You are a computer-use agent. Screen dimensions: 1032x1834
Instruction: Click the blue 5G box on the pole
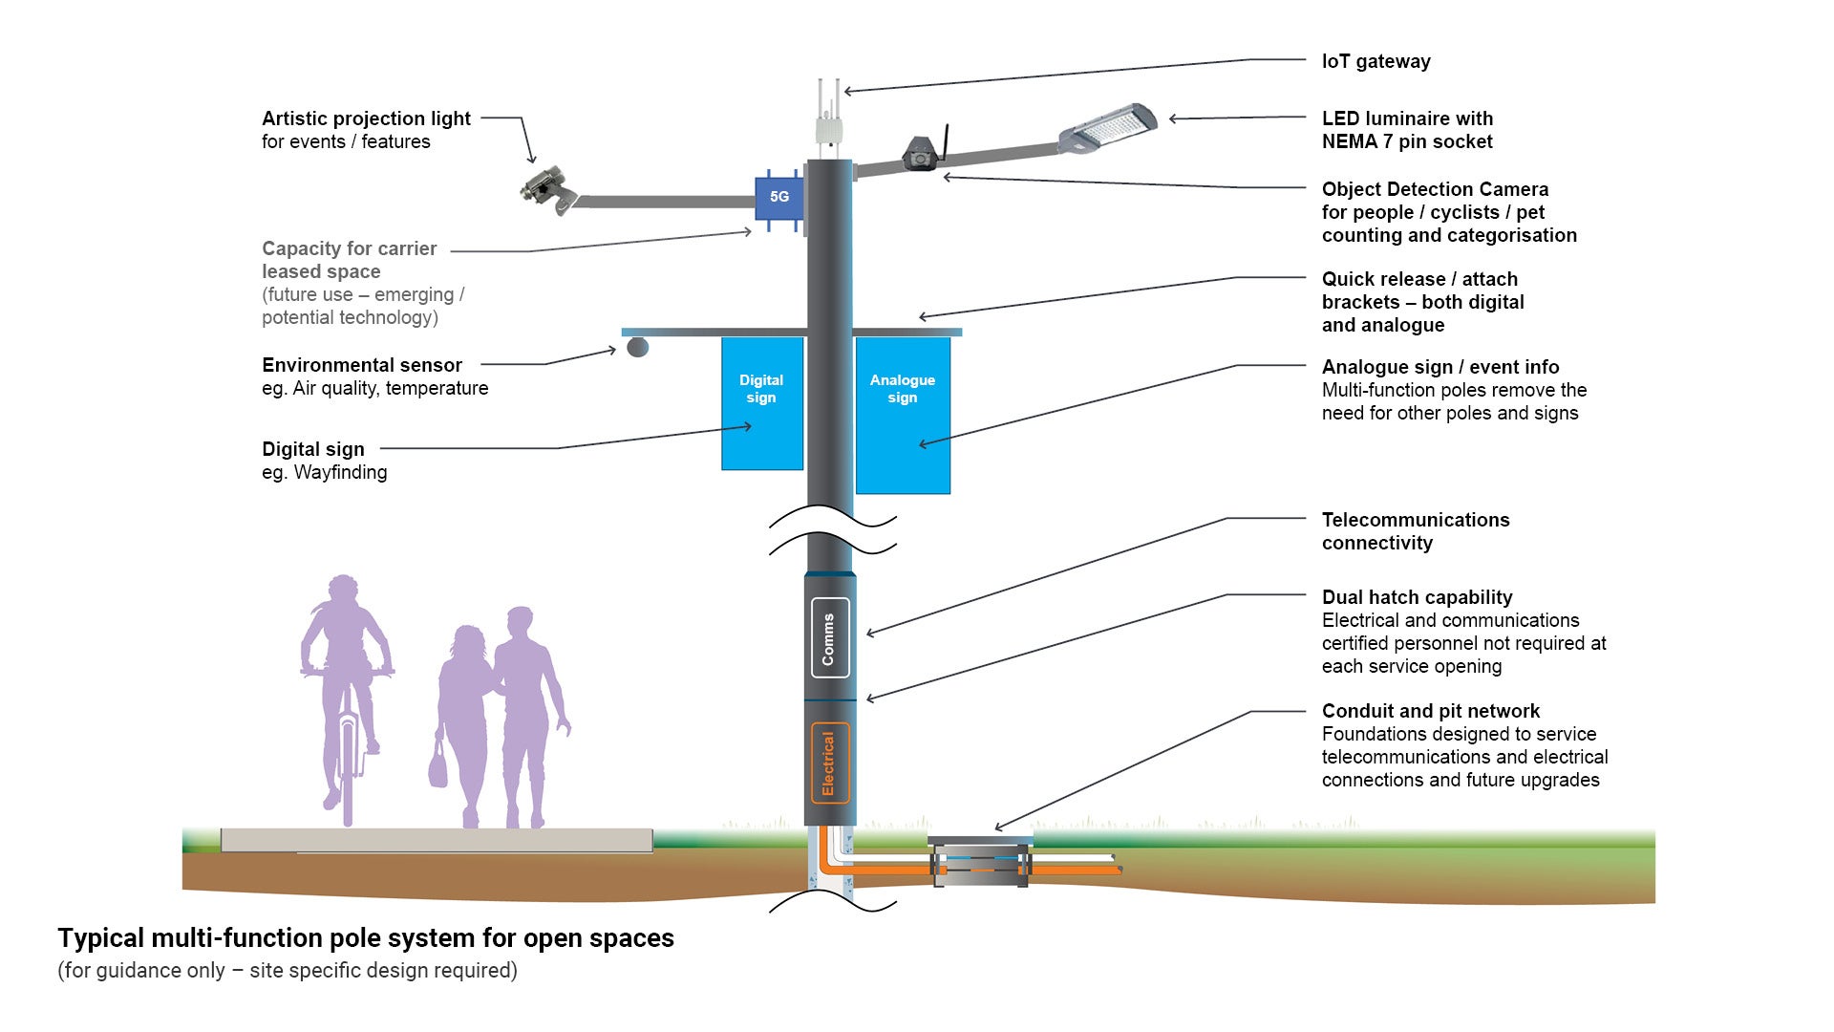(x=779, y=198)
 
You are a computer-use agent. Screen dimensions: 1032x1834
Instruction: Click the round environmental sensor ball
(x=637, y=346)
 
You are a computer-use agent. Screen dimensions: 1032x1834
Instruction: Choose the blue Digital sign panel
(x=761, y=403)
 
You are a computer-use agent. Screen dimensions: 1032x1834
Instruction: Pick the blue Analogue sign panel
(x=903, y=416)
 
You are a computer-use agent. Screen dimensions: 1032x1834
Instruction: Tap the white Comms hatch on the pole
(x=829, y=638)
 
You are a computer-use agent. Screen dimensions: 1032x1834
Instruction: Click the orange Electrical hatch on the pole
(x=829, y=763)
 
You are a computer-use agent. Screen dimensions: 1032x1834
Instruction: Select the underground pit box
(x=981, y=863)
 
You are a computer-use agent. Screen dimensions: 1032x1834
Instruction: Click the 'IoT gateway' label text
(x=1375, y=62)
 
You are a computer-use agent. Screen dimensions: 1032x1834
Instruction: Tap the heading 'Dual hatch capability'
(x=1417, y=598)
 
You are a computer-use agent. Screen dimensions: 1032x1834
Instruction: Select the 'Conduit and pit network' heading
(x=1430, y=712)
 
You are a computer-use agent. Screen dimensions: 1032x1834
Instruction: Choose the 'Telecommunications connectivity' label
(x=1415, y=532)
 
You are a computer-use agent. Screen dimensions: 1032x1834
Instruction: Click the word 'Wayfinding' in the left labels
(x=340, y=473)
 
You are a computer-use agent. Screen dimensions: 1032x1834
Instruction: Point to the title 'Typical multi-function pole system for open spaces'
(x=366, y=938)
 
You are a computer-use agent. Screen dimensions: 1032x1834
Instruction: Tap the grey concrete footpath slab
(x=437, y=841)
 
